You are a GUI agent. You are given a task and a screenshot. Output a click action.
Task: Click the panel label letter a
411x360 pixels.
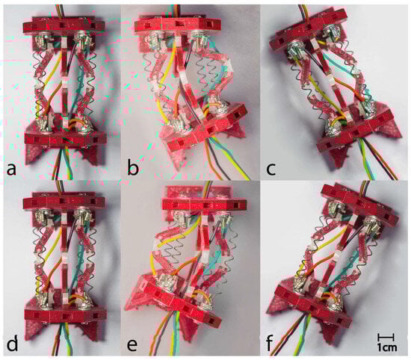(x=11, y=170)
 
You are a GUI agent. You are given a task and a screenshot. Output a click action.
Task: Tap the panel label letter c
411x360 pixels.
(x=271, y=170)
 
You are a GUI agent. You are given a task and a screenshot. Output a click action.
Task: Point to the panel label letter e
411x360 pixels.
(x=132, y=345)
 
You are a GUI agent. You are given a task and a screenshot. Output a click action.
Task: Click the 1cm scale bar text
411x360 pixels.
(x=387, y=348)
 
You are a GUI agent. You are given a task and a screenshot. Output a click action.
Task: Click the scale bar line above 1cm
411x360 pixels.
(x=386, y=337)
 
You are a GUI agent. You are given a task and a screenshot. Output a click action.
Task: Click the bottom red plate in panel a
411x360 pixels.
(x=66, y=137)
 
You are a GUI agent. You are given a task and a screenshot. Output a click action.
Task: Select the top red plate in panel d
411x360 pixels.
(x=64, y=201)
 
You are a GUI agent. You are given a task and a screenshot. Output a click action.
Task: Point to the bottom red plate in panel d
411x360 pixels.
(x=66, y=314)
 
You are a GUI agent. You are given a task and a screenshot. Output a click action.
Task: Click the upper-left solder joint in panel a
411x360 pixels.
(x=43, y=41)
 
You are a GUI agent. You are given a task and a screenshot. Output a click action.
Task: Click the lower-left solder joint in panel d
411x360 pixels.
(x=45, y=300)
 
